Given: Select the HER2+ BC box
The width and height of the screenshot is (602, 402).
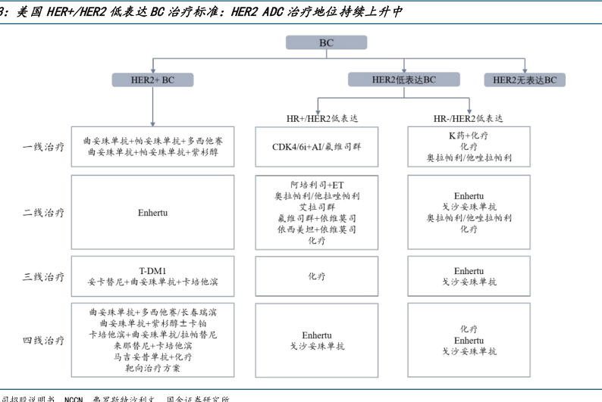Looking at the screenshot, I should (152, 79).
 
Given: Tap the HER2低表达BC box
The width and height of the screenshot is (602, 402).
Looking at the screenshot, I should (403, 79).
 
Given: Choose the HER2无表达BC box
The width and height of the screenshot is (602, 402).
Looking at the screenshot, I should (524, 79).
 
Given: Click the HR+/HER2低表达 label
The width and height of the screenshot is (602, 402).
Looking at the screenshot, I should (316, 119).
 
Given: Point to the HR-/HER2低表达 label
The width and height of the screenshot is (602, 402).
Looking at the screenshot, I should (468, 119).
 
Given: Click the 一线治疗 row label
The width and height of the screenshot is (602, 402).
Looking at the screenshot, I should (43, 147).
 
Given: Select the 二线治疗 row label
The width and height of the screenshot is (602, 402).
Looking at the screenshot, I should (43, 213).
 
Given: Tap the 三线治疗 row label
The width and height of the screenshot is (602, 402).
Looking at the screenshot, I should (43, 276).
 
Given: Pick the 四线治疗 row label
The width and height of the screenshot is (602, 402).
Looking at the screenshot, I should (43, 341).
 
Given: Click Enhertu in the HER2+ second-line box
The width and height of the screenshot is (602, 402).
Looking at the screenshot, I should (152, 213).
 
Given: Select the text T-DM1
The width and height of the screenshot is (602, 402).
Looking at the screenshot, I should (152, 270).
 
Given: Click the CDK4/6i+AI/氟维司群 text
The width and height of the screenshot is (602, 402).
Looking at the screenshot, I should (316, 147).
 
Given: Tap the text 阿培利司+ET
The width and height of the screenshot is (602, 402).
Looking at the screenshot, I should (316, 185).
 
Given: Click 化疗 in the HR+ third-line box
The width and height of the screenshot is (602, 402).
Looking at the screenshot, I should (316, 276).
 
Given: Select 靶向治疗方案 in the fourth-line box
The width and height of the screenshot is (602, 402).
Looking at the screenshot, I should (152, 368).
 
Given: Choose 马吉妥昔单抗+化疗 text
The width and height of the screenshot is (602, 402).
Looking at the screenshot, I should (152, 357).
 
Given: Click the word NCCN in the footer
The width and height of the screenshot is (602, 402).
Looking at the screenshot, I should (73, 398).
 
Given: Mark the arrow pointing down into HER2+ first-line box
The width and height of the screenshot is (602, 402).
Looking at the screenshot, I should (152, 120).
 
